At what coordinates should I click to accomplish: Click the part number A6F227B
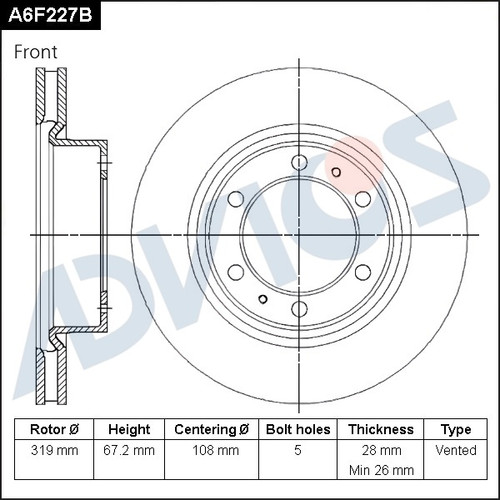(x=50, y=15)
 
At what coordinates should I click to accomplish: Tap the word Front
(x=36, y=52)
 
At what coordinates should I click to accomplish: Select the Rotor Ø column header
(x=54, y=429)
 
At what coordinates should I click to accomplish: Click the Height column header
(x=129, y=429)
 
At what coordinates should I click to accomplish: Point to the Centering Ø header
(x=212, y=429)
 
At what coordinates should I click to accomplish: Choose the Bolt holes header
(x=298, y=429)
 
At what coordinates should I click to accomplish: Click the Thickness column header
(x=381, y=429)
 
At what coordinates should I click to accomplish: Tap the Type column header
(x=456, y=430)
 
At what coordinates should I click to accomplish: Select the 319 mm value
(x=54, y=450)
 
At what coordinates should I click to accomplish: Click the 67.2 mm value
(x=129, y=450)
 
